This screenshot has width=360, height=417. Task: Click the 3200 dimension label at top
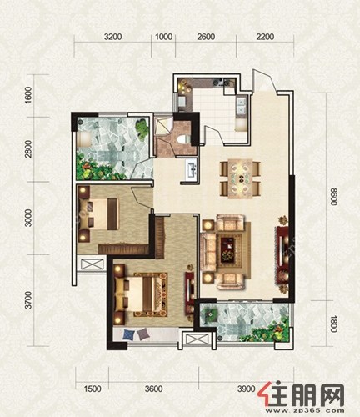pos(112,37)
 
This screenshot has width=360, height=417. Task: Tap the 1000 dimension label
pos(163,37)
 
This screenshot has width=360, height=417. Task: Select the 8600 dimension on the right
pos(334,197)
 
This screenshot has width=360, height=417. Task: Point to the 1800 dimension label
pos(334,324)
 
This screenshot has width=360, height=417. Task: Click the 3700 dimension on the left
pos(28,300)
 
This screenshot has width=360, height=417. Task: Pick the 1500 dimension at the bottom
pos(92,389)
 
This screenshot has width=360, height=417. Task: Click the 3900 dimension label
pos(246,389)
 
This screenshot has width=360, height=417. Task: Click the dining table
pos(240,178)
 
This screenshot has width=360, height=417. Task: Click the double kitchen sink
pos(241,106)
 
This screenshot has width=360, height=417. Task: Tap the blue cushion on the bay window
pos(129,334)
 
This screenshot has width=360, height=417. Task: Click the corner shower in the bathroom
pos(163,126)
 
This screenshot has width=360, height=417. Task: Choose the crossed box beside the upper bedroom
pos(92,264)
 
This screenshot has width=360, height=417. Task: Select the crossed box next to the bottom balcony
pos(197,339)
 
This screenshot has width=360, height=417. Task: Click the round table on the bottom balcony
pos(211,314)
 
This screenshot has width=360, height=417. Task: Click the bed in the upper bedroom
pos(98,214)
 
